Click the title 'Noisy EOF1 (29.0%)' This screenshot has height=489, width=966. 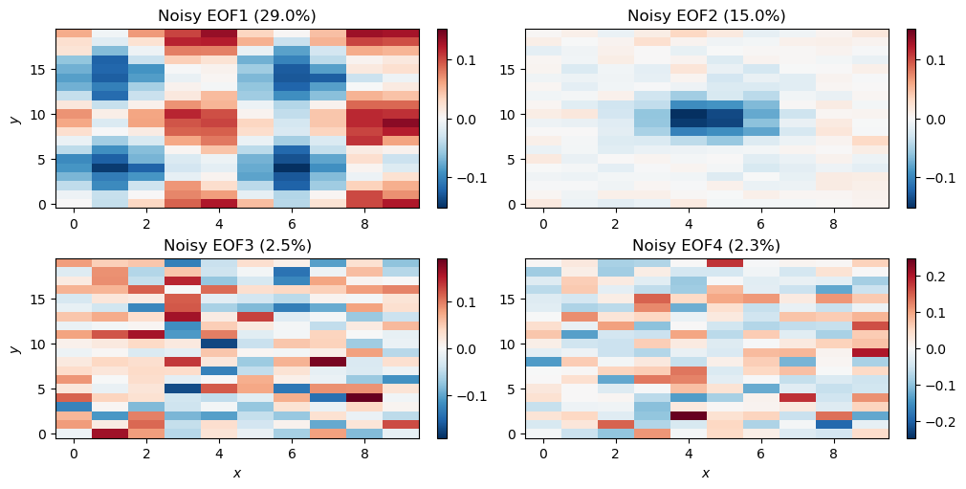click(236, 15)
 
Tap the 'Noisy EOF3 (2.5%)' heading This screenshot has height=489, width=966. click(236, 245)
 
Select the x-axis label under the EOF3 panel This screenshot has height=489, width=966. click(236, 473)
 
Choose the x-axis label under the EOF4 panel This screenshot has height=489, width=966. click(706, 473)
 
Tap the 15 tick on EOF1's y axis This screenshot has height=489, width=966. click(38, 69)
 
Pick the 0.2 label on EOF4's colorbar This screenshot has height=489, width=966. click(937, 277)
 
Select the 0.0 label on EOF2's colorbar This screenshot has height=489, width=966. click(937, 120)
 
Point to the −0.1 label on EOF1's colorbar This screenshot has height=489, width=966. click(464, 178)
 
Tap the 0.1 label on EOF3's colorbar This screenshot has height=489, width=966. click(468, 302)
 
